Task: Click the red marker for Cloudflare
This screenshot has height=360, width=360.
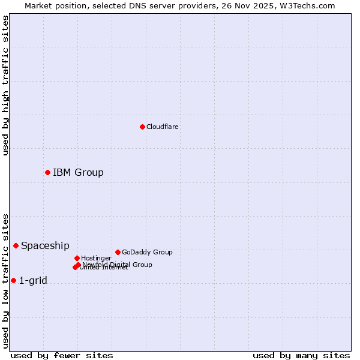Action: (x=142, y=127)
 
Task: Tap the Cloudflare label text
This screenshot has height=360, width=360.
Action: (x=163, y=127)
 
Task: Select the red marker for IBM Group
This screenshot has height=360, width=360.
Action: (x=47, y=172)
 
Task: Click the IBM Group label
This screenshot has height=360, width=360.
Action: (x=78, y=173)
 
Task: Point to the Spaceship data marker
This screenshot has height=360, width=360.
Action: (x=16, y=245)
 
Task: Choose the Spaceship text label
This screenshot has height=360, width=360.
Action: (x=45, y=246)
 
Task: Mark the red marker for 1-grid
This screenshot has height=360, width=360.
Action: (x=13, y=280)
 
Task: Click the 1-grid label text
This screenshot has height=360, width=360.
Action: (x=33, y=281)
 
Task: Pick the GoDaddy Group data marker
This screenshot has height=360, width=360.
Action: (x=118, y=252)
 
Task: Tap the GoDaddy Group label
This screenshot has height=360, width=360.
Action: (x=147, y=252)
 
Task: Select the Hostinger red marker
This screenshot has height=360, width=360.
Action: (x=77, y=258)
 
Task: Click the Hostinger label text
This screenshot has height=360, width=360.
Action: (x=96, y=258)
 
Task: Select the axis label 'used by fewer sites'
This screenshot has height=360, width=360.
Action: (x=62, y=355)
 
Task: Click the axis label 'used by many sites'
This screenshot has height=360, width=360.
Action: (x=301, y=355)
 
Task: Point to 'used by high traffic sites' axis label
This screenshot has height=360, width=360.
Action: (x=5, y=85)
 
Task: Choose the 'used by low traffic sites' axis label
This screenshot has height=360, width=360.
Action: (x=5, y=280)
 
